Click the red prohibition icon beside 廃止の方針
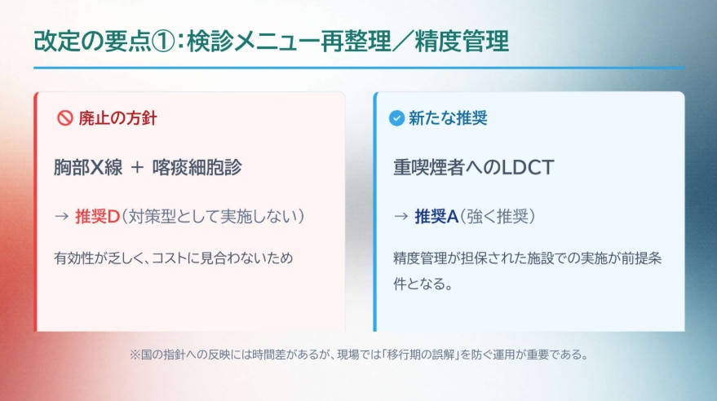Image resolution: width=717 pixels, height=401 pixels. tap(65, 118)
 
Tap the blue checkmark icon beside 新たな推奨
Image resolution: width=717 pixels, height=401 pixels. tap(397, 118)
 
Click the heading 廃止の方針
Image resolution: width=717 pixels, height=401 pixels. tap(117, 118)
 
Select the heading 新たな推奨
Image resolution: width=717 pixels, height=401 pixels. tap(448, 118)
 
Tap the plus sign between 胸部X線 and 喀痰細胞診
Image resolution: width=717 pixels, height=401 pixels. tap(137, 168)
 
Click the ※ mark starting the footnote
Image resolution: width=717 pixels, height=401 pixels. tap(135, 355)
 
